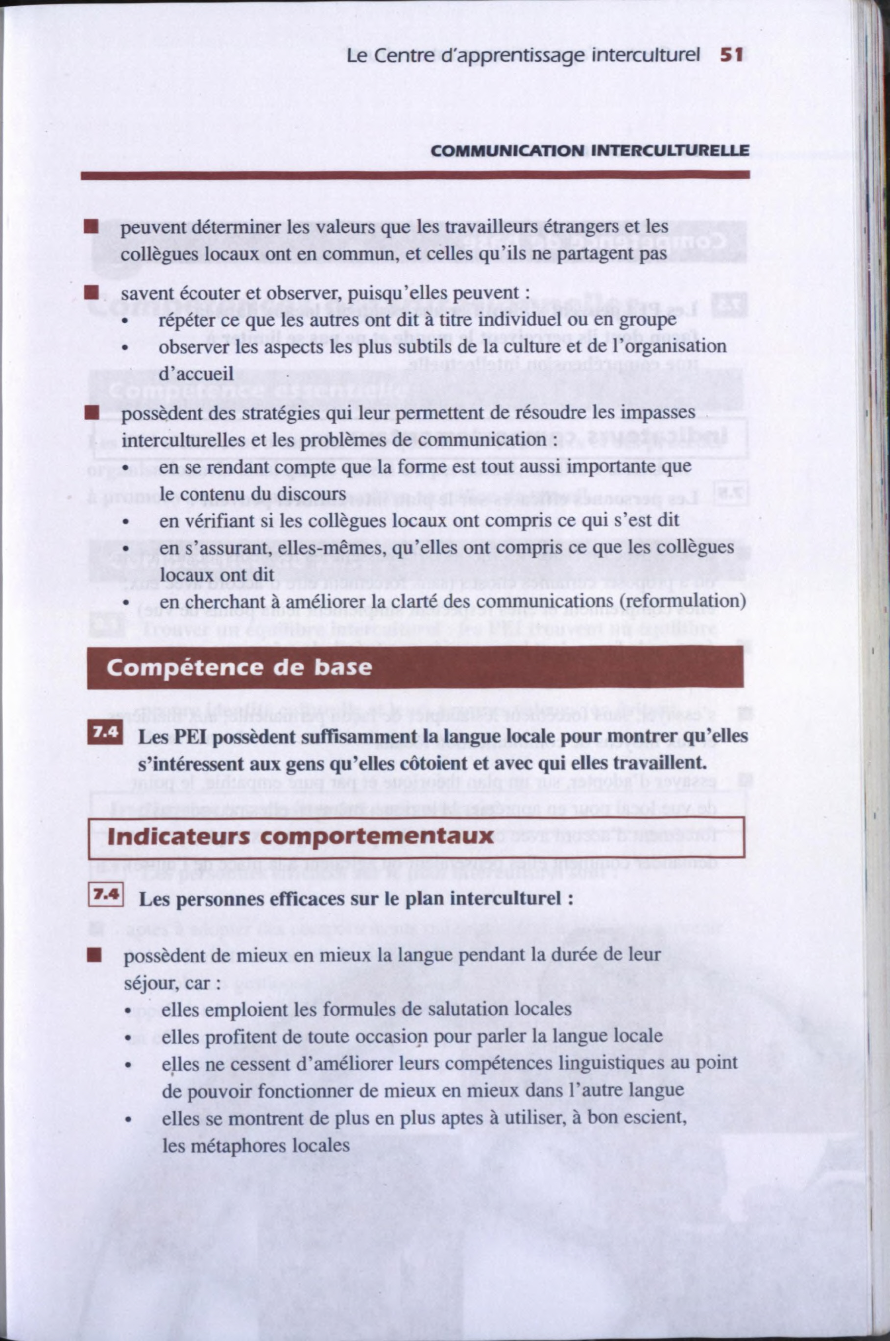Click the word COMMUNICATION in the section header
tap(507, 151)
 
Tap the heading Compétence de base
tap(239, 668)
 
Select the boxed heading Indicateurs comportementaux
tap(300, 837)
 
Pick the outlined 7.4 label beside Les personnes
tap(106, 895)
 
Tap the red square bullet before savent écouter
tap(91, 293)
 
